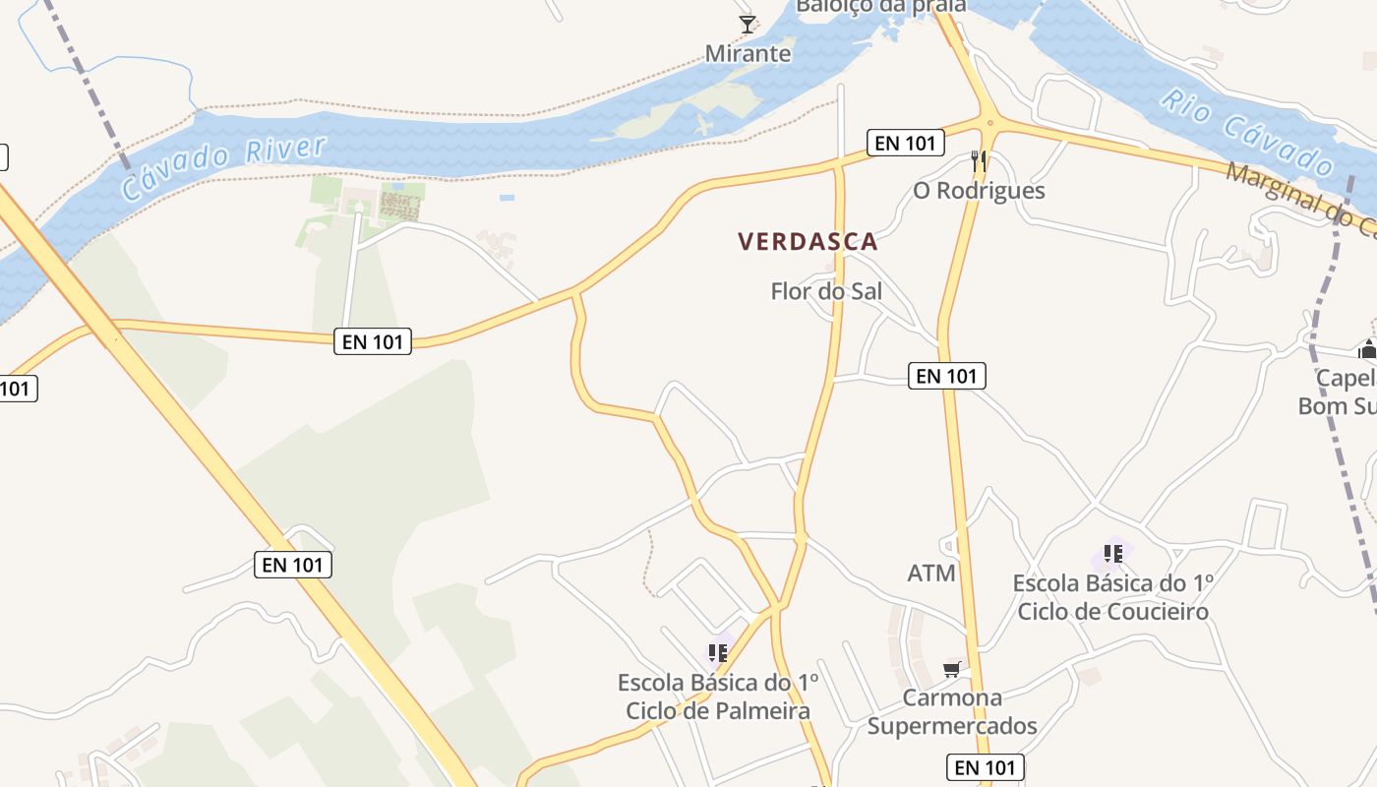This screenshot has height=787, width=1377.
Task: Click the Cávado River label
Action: (x=223, y=168)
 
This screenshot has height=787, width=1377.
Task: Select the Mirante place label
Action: (x=748, y=53)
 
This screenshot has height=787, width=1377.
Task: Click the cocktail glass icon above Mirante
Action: (x=748, y=24)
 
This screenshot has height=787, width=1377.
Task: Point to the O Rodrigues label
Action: (x=979, y=190)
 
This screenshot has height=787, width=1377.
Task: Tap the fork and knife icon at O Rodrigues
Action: (x=978, y=160)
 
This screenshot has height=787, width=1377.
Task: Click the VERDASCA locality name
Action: (x=808, y=241)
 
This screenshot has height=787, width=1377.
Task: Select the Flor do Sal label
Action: (x=826, y=291)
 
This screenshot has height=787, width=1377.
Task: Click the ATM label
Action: (x=930, y=573)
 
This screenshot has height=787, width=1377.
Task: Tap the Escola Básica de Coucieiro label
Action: (x=1112, y=597)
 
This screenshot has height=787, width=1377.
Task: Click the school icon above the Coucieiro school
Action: (x=1112, y=554)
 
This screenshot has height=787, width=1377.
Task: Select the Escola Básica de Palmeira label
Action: (x=718, y=696)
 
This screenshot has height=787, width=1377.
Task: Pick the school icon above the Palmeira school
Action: (x=718, y=652)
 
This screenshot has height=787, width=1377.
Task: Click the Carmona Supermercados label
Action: (x=952, y=712)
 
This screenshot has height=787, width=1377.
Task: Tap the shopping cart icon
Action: (x=951, y=670)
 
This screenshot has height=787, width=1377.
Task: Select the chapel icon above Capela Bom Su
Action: (x=1367, y=349)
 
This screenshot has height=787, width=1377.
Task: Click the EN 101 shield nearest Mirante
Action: (x=905, y=143)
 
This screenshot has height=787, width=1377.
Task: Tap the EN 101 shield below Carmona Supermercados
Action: (x=986, y=767)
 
